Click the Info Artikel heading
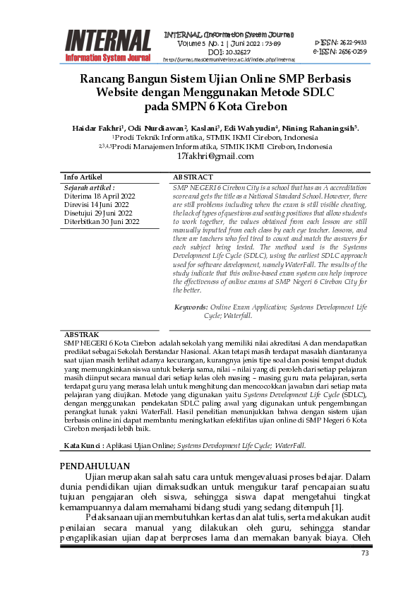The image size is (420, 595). pyautogui.click(x=83, y=177)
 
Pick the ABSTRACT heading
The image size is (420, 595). pyautogui.click(x=193, y=177)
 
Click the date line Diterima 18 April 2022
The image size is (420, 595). pyautogui.click(x=99, y=196)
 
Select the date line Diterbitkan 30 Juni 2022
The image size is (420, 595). pyautogui.click(x=102, y=221)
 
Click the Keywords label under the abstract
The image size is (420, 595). pyautogui.click(x=191, y=307)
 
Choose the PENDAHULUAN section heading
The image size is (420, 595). pyautogui.click(x=95, y=466)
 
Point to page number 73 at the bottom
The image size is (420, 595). pyautogui.click(x=365, y=553)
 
